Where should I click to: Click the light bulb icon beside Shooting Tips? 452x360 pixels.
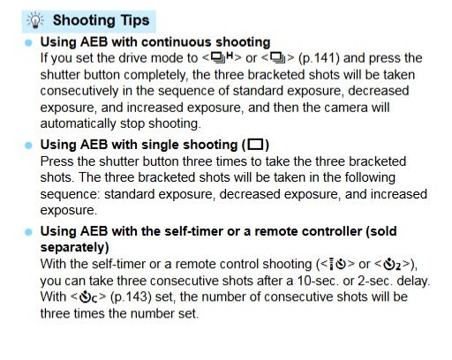click(x=35, y=20)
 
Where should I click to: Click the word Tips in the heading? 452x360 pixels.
click(x=135, y=21)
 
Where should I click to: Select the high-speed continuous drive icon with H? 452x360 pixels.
click(x=222, y=57)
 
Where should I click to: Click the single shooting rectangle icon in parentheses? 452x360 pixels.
click(x=255, y=145)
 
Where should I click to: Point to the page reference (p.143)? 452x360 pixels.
click(x=131, y=296)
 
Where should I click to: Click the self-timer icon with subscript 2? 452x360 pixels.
click(x=392, y=264)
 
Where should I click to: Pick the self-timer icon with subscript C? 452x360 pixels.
click(x=88, y=297)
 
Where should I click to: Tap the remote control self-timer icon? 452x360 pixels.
click(x=337, y=264)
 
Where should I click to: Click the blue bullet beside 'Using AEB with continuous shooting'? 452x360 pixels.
click(x=28, y=43)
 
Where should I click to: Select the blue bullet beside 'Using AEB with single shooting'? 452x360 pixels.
click(x=28, y=146)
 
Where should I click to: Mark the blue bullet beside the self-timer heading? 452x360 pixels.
click(x=28, y=232)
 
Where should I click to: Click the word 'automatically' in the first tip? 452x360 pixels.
click(x=78, y=124)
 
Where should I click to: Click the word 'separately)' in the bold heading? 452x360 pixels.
click(x=75, y=248)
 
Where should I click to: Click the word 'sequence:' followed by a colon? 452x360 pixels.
click(x=71, y=194)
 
